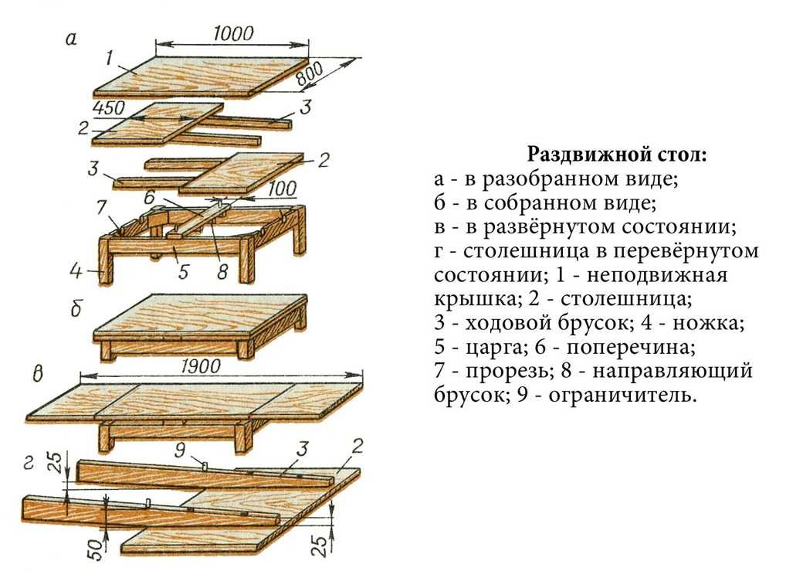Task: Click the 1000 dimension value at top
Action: [x=232, y=34]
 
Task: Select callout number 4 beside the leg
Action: [x=76, y=271]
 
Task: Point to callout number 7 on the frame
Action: [x=100, y=207]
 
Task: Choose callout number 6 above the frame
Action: [x=150, y=197]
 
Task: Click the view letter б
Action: [x=76, y=311]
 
